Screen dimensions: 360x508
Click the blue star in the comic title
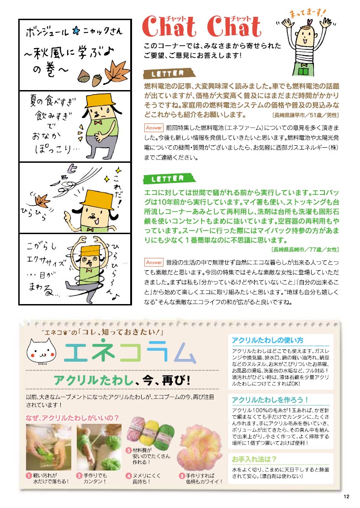(x=76, y=31)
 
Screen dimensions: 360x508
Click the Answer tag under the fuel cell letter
(x=154, y=128)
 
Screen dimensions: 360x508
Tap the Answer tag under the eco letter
(x=154, y=262)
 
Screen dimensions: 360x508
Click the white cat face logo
(x=42, y=351)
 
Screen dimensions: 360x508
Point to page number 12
(x=346, y=496)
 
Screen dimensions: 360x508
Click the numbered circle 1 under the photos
(x=29, y=476)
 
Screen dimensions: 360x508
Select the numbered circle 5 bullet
(x=182, y=476)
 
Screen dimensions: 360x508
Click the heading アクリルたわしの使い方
(x=267, y=340)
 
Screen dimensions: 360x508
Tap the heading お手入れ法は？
(x=254, y=459)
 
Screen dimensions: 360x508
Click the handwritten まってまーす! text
(x=307, y=13)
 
